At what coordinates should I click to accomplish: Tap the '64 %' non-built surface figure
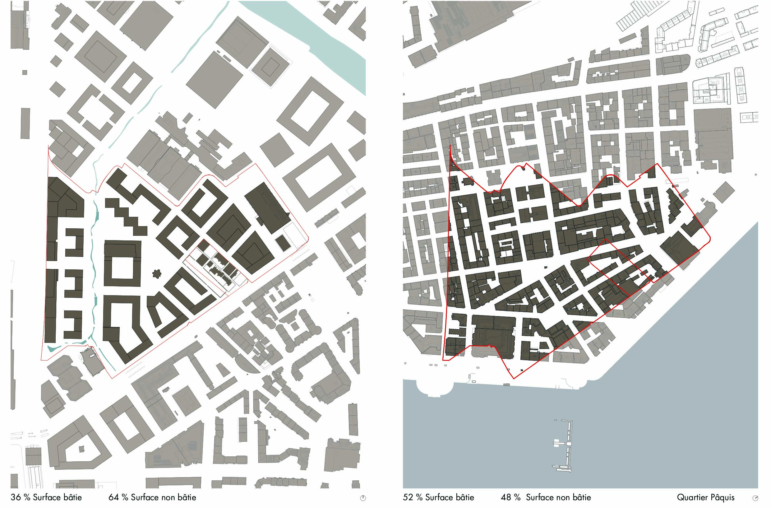[x=118, y=497]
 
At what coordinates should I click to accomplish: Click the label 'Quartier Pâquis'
[x=706, y=497]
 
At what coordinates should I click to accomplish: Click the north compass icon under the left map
[x=363, y=498]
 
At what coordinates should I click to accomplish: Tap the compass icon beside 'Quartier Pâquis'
[x=755, y=498]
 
